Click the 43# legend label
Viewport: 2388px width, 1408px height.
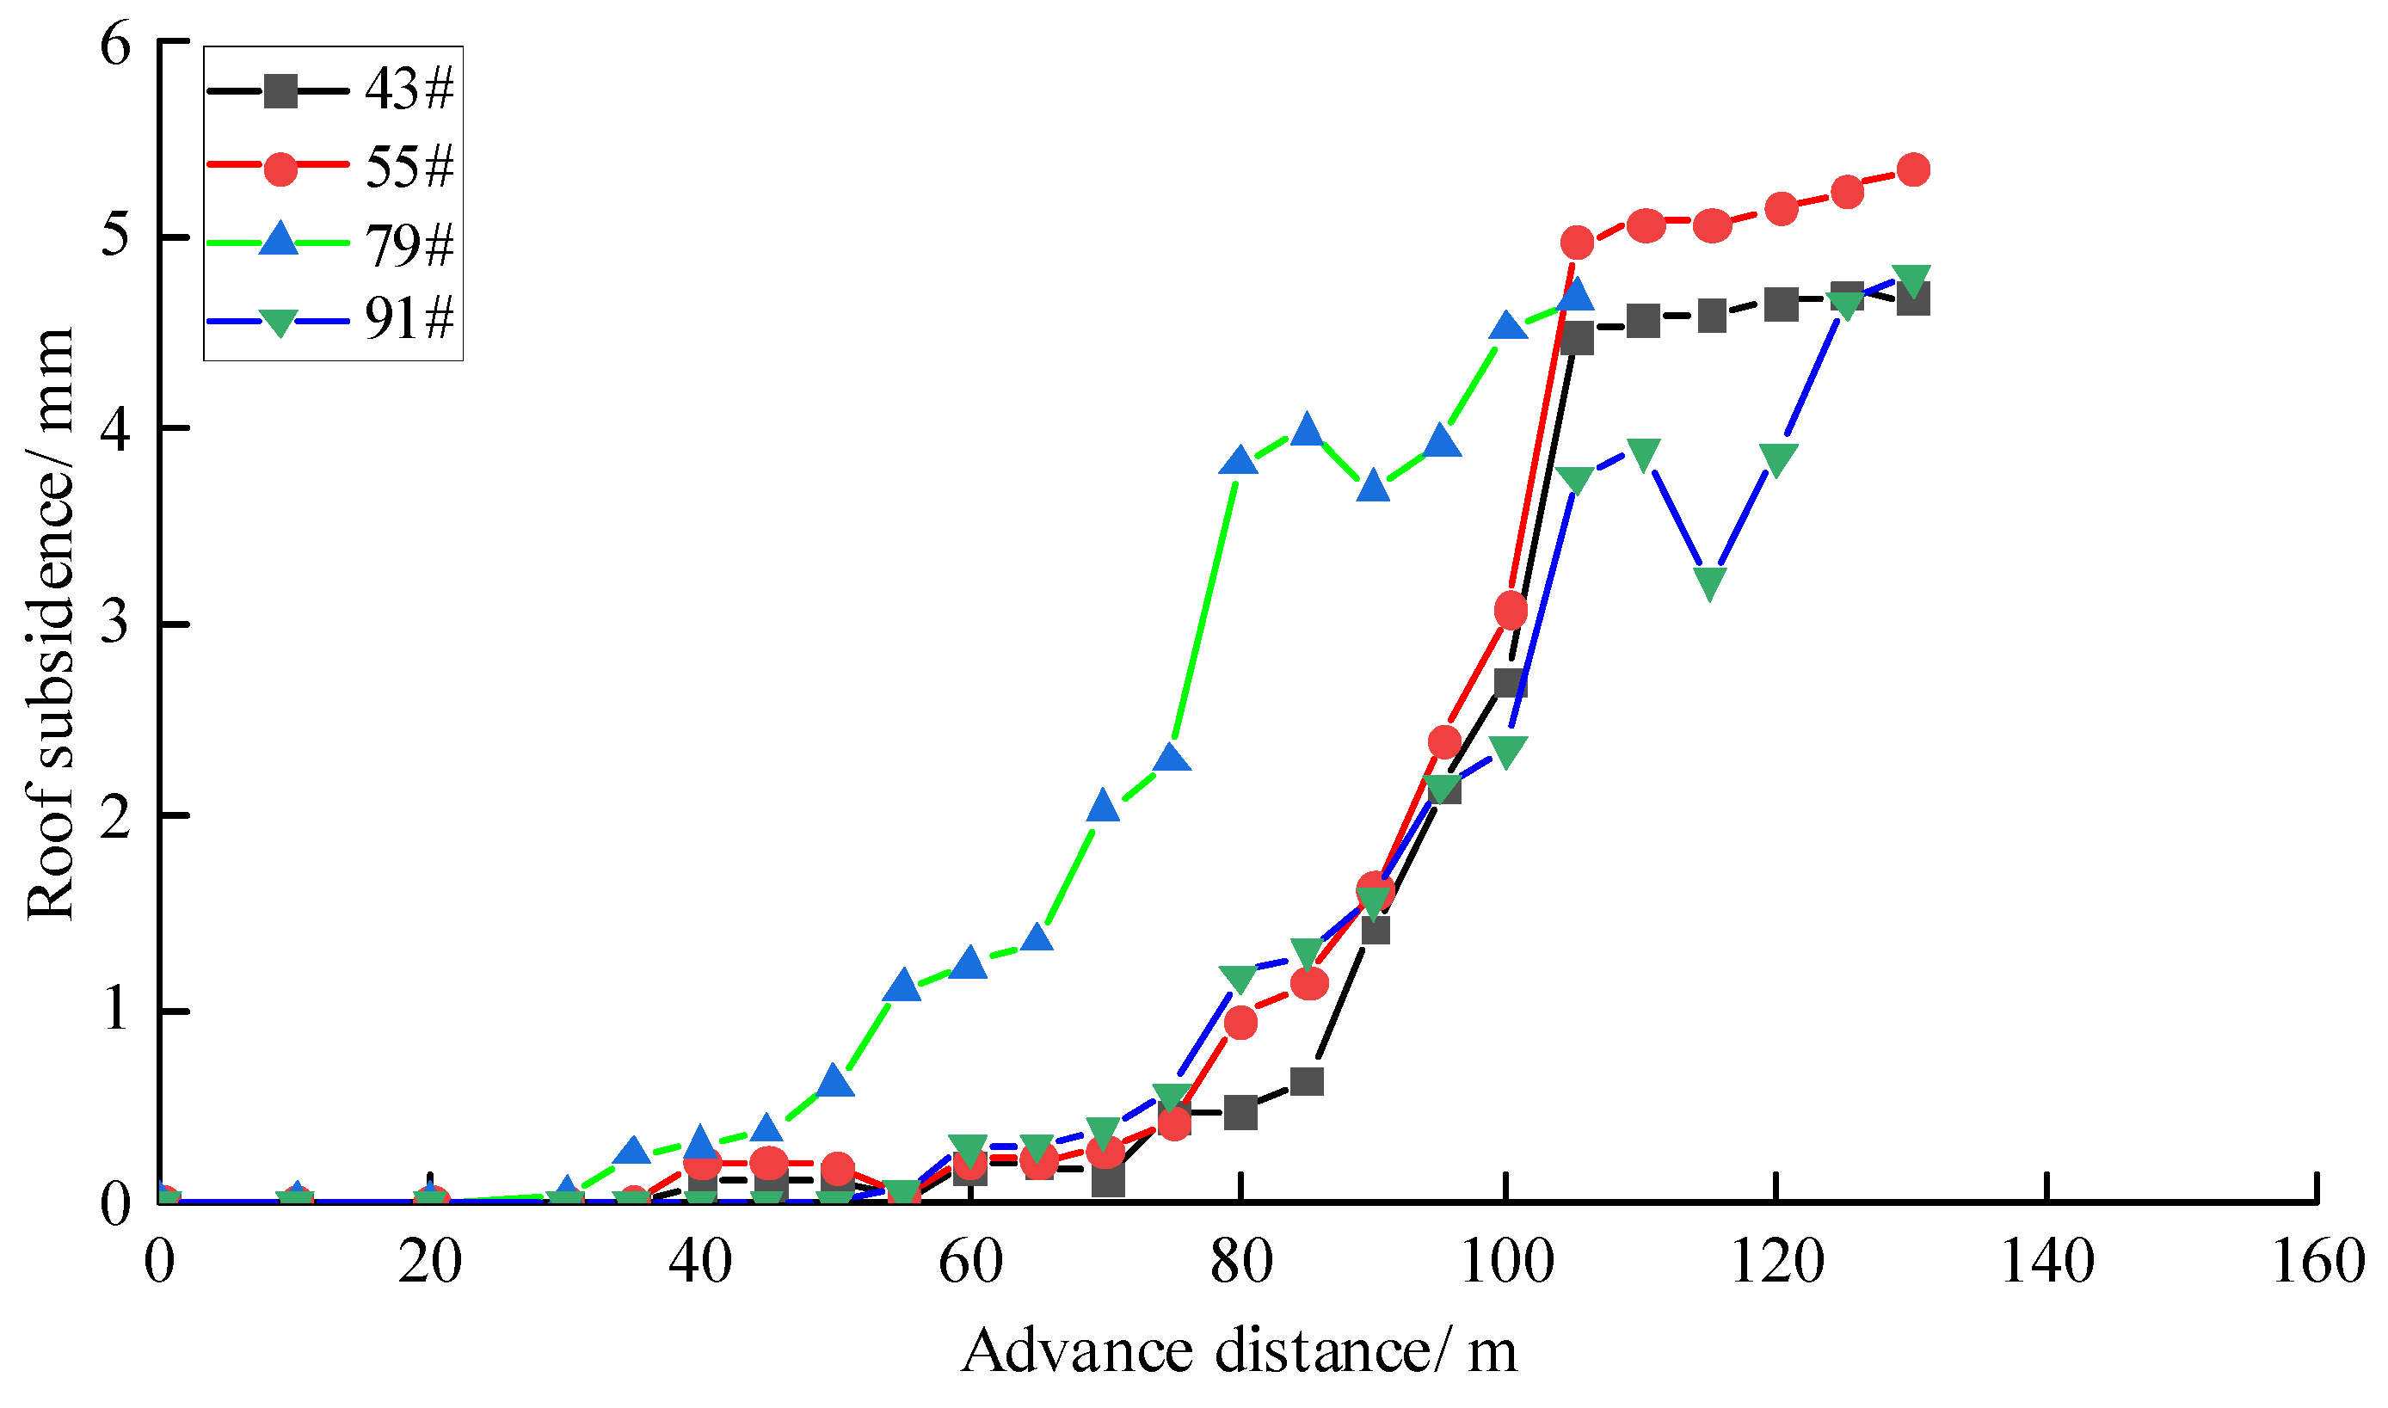click(x=409, y=91)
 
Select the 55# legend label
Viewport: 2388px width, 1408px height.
click(x=409, y=169)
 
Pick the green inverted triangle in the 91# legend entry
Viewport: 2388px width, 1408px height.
click(x=279, y=323)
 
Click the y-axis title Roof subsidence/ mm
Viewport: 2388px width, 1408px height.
click(x=49, y=624)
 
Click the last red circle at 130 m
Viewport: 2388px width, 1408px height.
click(x=1912, y=169)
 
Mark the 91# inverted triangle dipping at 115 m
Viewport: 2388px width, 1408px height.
click(x=1709, y=582)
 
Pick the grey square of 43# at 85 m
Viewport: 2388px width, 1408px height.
click(x=1308, y=1083)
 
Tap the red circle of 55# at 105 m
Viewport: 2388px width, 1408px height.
click(x=1577, y=243)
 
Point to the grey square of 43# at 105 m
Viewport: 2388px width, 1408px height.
click(x=1577, y=339)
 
